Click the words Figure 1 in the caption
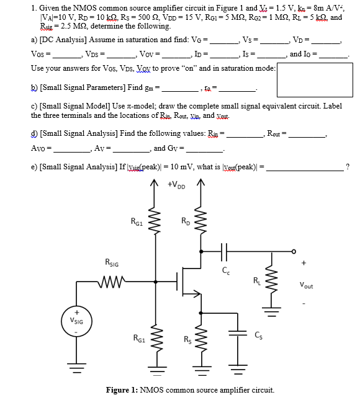pos(122,390)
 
